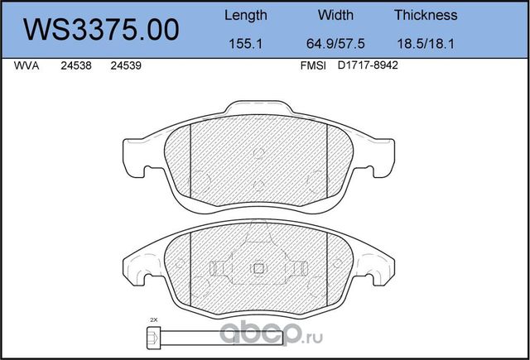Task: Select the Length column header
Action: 246,15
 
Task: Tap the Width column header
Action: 335,15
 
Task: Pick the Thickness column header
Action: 426,15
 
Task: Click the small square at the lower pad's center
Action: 258,267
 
